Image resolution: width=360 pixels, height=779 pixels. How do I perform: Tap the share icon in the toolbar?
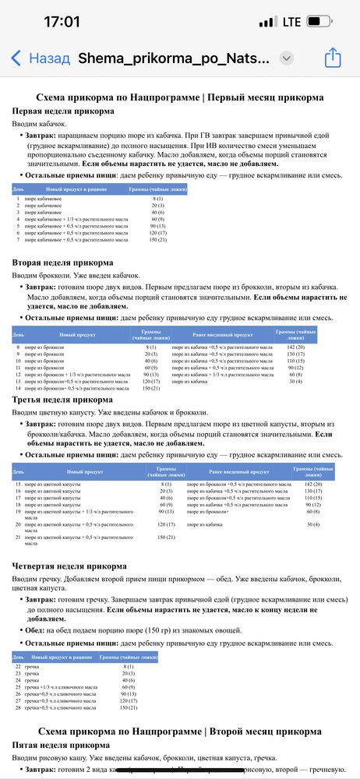333,58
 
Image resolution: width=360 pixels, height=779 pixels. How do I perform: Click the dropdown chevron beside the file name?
286,58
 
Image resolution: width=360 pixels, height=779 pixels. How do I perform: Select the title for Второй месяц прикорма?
180,731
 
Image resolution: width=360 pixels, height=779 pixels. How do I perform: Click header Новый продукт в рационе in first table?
76,189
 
